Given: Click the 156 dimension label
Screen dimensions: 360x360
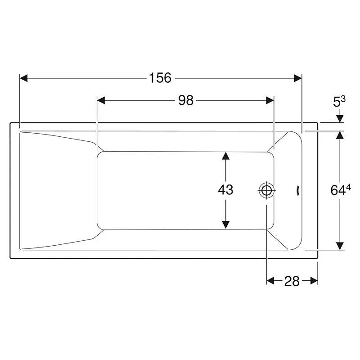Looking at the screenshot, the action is click(160, 78).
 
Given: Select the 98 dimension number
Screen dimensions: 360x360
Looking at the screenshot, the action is click(186, 100).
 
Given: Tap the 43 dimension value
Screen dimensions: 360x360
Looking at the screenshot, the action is click(226, 189).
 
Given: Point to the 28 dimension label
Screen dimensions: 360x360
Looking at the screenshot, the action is click(292, 281).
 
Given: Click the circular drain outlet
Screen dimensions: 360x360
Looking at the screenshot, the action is click(266, 190).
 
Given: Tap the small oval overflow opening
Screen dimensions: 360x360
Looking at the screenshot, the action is click(298, 190).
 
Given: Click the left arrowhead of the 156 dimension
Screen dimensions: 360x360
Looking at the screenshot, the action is click(24, 78).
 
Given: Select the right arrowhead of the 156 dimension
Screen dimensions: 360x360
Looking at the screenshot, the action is click(298, 78).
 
